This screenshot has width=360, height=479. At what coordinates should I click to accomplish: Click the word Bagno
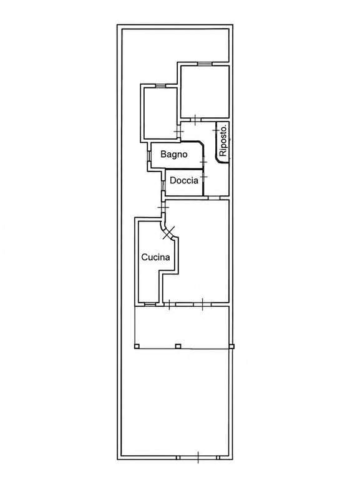pos(174,154)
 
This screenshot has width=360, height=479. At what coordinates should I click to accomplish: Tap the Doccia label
pos(184,180)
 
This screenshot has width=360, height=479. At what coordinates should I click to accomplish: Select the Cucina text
pos(155,257)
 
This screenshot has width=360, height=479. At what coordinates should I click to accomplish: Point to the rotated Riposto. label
pos(223,139)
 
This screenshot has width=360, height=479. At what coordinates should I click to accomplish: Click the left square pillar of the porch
pos(137,346)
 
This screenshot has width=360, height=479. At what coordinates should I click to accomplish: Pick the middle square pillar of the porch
pos(178,346)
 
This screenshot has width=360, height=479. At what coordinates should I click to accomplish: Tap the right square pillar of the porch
pos(231,346)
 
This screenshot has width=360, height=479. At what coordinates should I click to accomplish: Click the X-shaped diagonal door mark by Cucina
pos(169,233)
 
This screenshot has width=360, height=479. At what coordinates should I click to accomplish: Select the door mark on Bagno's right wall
pos(203,161)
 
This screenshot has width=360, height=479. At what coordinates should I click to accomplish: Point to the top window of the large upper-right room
pos(205,64)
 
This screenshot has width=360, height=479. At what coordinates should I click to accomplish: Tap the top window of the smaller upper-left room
pos(160,85)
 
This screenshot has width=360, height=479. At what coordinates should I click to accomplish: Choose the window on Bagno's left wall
pos(149,156)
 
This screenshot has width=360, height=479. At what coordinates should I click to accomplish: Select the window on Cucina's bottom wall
pos(150,304)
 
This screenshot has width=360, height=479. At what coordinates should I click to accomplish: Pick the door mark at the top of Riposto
pos(216,130)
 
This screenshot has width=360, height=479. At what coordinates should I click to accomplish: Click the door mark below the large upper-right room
pos(195,120)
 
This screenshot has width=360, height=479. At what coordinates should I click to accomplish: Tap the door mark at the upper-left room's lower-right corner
pos(178,132)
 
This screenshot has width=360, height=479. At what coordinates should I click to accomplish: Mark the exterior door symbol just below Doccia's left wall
pos(163,208)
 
